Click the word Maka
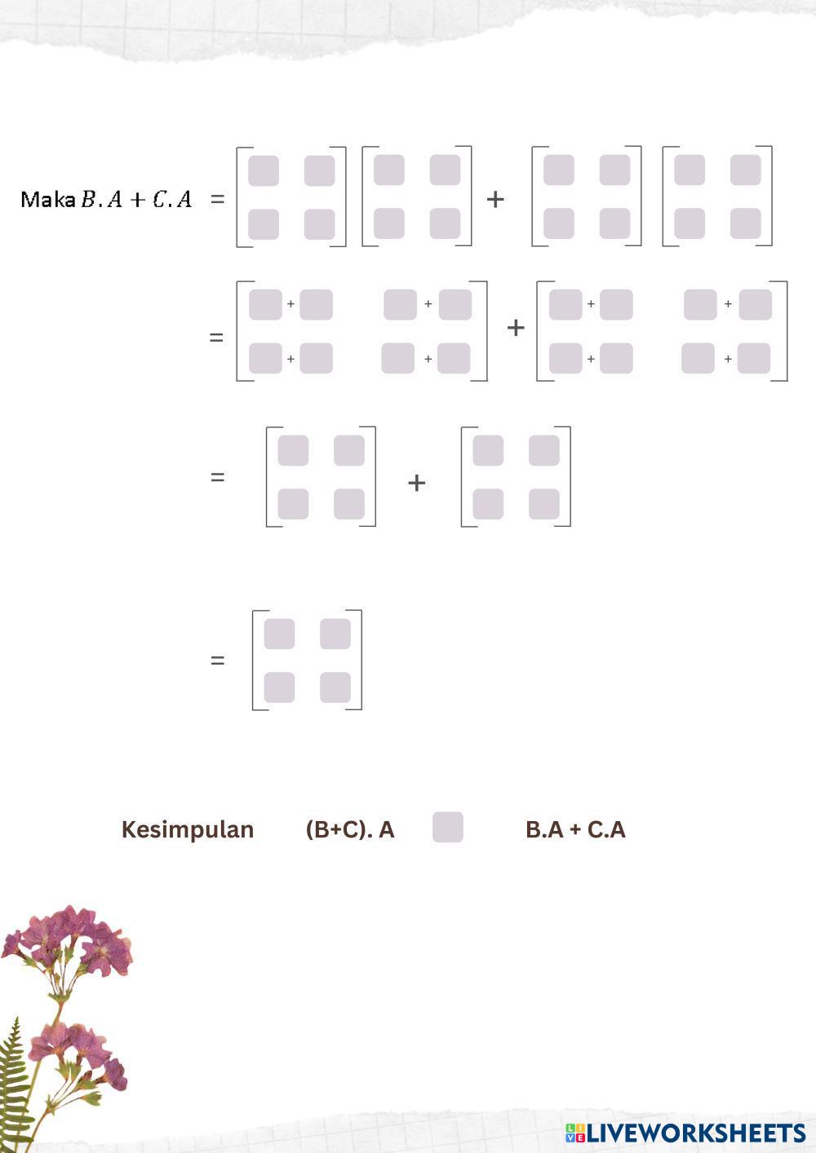tap(47, 199)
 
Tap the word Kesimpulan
tap(187, 829)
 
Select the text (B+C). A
tap(349, 829)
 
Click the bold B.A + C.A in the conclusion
tap(575, 829)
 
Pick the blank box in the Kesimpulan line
tap(447, 827)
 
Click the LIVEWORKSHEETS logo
tap(685, 1133)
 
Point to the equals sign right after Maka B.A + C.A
tap(217, 199)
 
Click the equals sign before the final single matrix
tap(217, 660)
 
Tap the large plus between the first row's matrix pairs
tap(494, 199)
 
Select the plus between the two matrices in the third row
tap(416, 483)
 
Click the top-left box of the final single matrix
tap(279, 634)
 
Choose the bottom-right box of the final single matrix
tap(335, 687)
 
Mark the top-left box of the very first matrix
tap(264, 171)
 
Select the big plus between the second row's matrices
tap(515, 328)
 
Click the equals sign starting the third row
tap(217, 477)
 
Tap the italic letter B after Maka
tap(88, 199)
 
